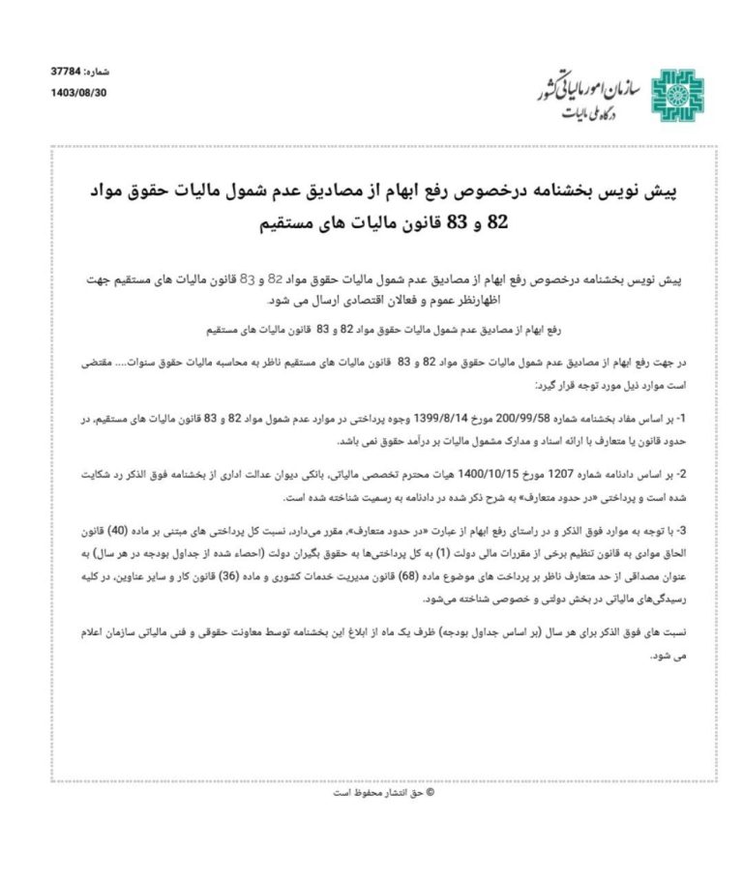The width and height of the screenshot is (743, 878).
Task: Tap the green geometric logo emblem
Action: [x=675, y=96]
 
